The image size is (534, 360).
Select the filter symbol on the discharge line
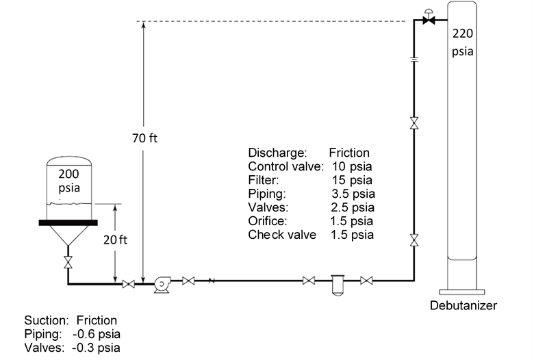pos(338,283)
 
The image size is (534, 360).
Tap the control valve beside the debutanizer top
pos(429,21)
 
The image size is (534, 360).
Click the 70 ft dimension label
pos(144,138)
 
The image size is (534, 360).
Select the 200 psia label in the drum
pos(68,180)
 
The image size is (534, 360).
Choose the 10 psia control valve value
pos(352,166)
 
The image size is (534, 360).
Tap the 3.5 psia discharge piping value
pos(353,194)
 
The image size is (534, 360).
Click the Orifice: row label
pos(268,221)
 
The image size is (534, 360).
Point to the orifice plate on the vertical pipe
pos(414,60)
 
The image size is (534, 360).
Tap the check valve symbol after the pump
pos(212,280)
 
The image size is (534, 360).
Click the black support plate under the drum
pos(68,222)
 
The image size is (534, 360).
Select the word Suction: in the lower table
pos(47,320)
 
